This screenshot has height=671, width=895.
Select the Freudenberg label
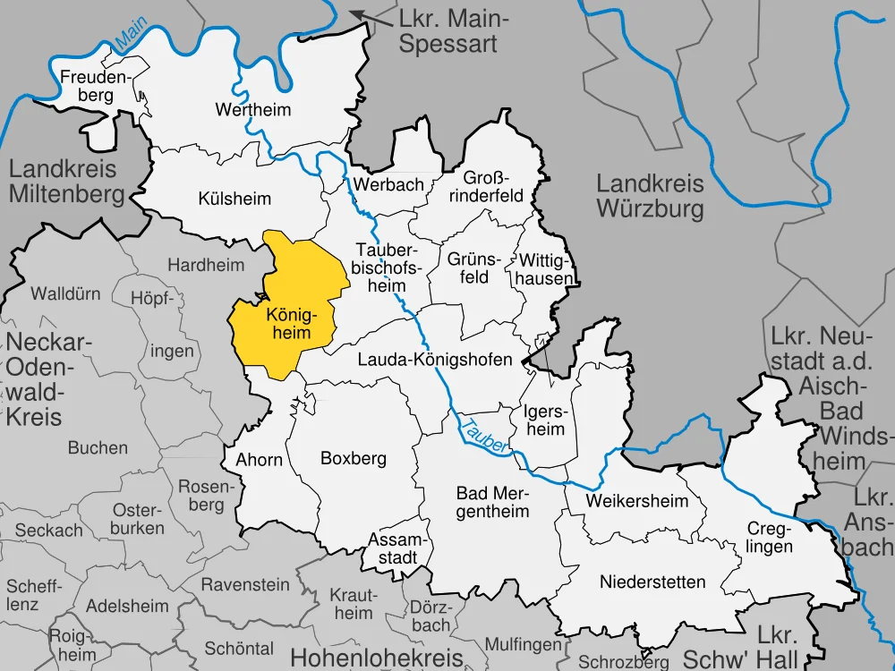click(x=95, y=86)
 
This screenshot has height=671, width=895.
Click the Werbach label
click(x=388, y=184)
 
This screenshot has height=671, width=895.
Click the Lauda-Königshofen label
click(x=434, y=360)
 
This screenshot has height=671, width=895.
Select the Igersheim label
click(x=544, y=420)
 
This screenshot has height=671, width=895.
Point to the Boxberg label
click(x=353, y=458)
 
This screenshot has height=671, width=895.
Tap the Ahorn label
click(x=259, y=460)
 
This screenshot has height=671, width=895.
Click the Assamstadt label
click(x=395, y=548)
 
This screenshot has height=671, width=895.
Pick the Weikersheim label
click(x=637, y=500)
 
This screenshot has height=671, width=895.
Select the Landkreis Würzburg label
click(x=650, y=197)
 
